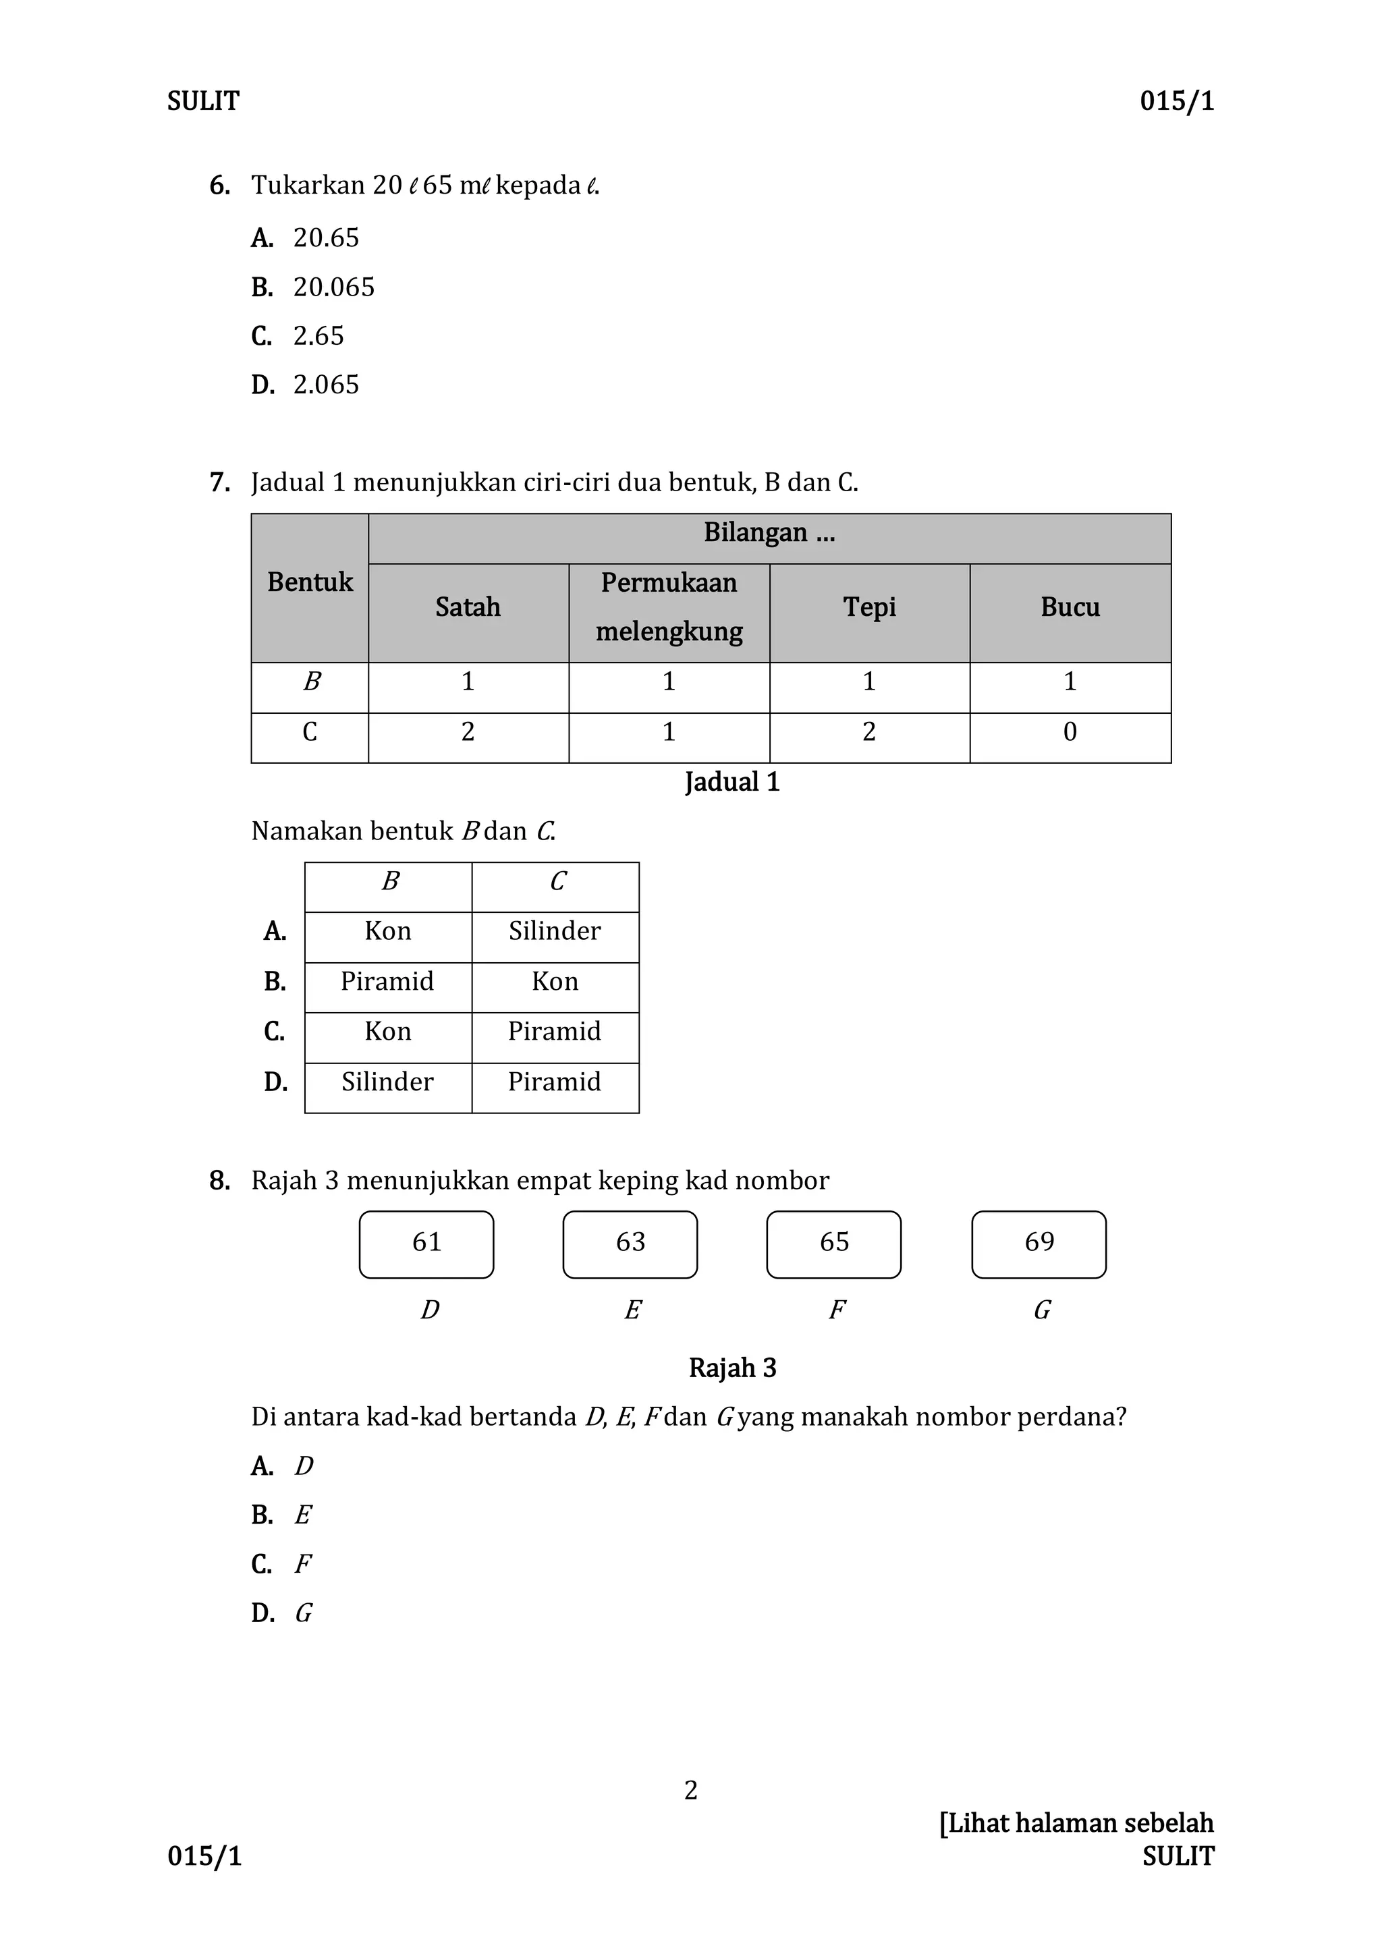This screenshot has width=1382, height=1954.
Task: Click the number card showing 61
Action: click(x=426, y=1244)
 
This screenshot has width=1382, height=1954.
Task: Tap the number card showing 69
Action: click(x=1039, y=1244)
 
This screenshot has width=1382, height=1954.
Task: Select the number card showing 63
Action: click(x=630, y=1244)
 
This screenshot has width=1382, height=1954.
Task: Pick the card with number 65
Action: click(x=833, y=1244)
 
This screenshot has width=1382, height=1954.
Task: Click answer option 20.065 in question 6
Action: click(x=333, y=287)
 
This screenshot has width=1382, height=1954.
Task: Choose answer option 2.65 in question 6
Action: click(x=319, y=336)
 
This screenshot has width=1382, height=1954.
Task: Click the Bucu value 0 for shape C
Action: click(x=1070, y=732)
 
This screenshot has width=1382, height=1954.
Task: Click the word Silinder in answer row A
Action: click(x=554, y=931)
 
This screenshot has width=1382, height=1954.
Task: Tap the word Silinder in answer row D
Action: click(x=387, y=1082)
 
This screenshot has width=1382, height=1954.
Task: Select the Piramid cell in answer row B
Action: click(x=387, y=981)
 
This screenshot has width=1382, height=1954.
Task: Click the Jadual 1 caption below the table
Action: click(x=732, y=782)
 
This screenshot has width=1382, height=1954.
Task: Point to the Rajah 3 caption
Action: click(x=732, y=1368)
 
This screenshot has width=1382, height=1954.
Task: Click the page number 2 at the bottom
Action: click(x=690, y=1791)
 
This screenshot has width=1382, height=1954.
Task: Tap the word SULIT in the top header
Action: click(x=203, y=101)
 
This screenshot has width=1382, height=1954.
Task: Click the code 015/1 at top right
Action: click(x=1177, y=101)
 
